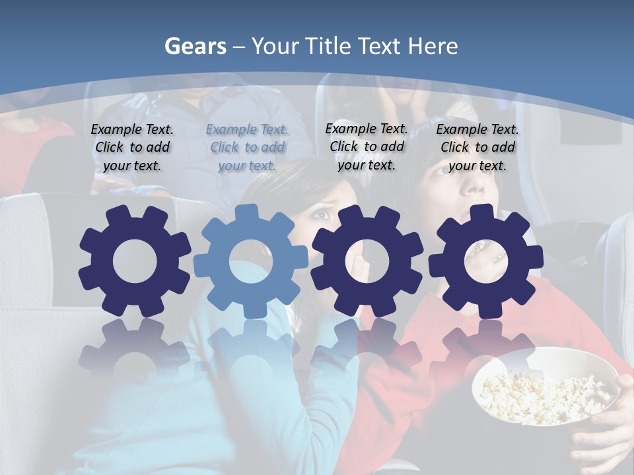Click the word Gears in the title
tap(195, 46)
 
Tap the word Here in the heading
tap(433, 46)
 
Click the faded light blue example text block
tap(247, 147)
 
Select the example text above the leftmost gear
tap(132, 147)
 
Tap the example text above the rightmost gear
tap(477, 147)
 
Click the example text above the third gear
tap(367, 146)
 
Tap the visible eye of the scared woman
tap(322, 213)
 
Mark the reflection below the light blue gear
tap(250, 350)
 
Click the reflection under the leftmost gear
tap(135, 350)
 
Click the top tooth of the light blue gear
tap(247, 213)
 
